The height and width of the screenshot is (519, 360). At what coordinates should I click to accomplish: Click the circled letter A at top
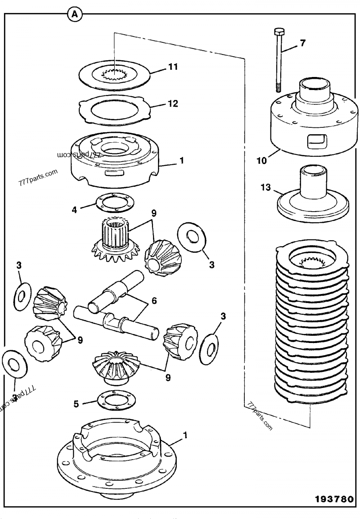click(75, 14)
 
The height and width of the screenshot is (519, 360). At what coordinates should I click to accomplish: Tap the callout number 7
click(302, 43)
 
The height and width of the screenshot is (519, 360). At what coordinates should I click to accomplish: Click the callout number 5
click(77, 404)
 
